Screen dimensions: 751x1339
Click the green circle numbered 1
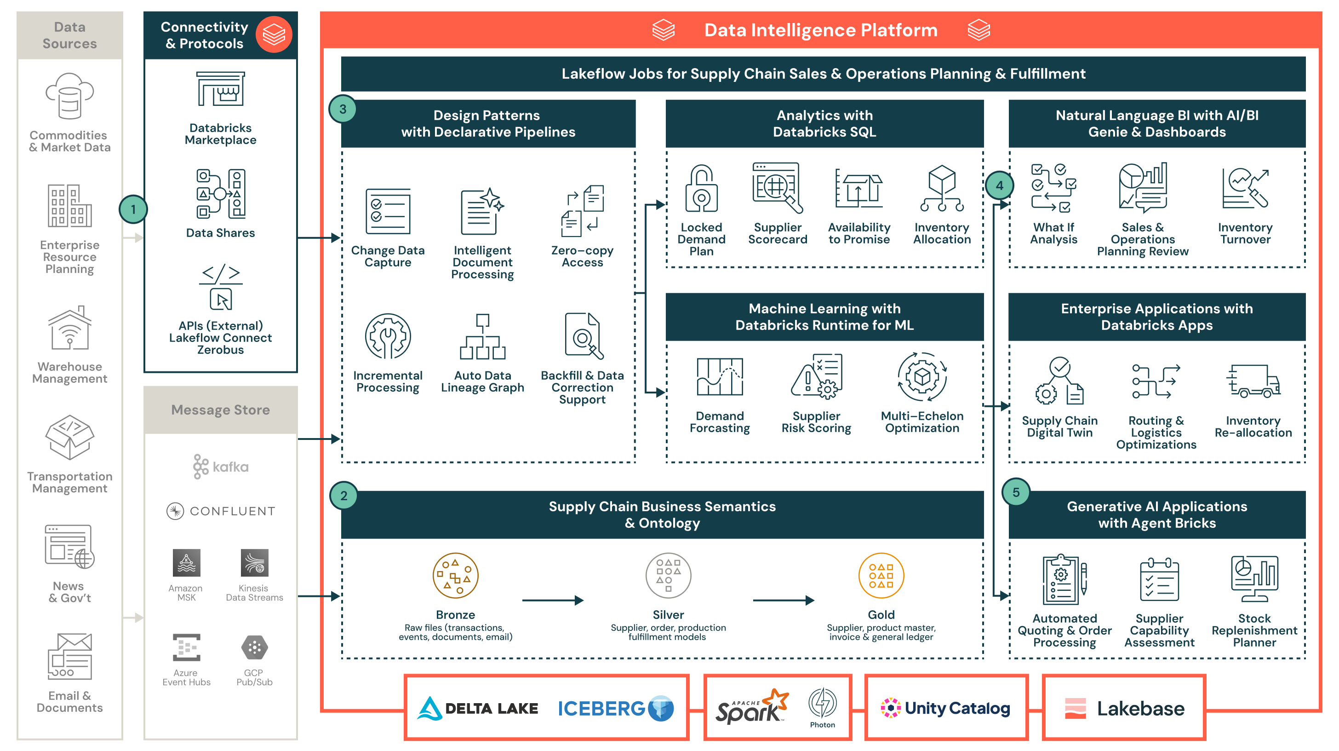click(133, 209)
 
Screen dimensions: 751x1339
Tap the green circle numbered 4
click(999, 185)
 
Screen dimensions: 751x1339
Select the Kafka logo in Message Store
click(220, 467)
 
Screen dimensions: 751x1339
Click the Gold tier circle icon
click(881, 576)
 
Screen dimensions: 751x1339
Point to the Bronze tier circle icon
click(455, 576)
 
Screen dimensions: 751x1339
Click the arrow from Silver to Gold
click(783, 600)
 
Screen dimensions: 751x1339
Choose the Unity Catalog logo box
click(946, 707)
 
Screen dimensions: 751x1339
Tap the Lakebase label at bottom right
click(1140, 708)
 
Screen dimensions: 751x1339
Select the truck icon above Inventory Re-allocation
click(1253, 381)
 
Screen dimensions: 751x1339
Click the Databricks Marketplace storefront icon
click(220, 89)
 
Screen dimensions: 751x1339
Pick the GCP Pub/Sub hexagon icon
click(254, 647)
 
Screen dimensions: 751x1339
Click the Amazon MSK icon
click(186, 563)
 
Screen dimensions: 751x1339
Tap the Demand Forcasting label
click(720, 422)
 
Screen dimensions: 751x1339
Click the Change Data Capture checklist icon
click(388, 212)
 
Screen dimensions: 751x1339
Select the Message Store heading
click(220, 410)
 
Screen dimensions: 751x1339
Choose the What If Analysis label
click(1053, 233)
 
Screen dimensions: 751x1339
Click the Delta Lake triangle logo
click(429, 708)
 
